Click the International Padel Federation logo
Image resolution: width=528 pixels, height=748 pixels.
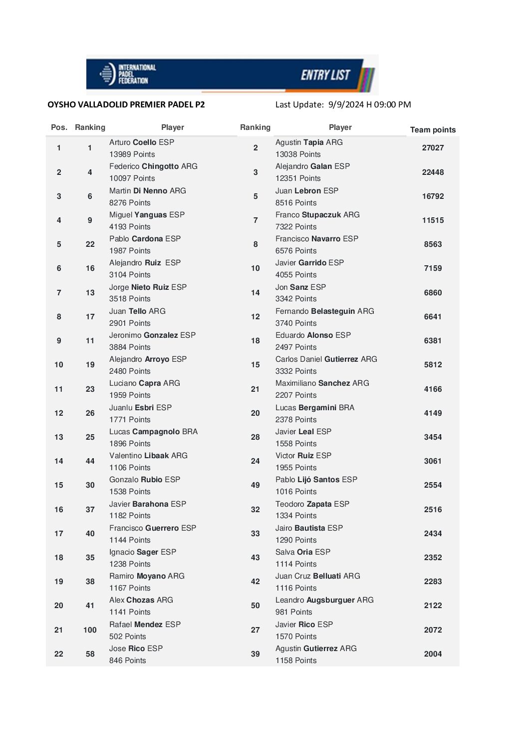click(128, 74)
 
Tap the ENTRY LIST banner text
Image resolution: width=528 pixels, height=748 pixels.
click(325, 75)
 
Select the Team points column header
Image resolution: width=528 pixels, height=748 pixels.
click(433, 130)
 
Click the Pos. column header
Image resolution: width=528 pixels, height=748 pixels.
click(59, 127)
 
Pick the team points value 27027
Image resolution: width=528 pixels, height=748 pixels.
click(433, 148)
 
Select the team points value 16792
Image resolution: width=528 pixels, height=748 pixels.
click(433, 196)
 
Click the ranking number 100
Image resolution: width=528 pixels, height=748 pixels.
click(90, 630)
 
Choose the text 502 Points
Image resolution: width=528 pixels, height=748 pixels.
click(128, 637)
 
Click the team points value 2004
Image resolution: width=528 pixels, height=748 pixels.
click(433, 654)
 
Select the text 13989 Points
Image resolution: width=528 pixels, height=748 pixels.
click(132, 154)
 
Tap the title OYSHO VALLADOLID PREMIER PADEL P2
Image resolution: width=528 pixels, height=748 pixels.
click(126, 104)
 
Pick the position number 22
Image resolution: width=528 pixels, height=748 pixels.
click(59, 654)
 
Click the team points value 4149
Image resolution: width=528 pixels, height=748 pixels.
click(433, 413)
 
